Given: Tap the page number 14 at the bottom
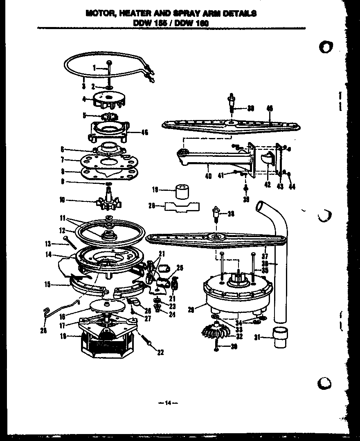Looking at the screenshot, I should click(x=167, y=403).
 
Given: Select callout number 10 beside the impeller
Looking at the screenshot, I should click(x=62, y=200).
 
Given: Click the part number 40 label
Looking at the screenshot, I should click(x=208, y=177).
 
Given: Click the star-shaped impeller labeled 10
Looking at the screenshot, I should click(x=108, y=202).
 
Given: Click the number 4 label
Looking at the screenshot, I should click(x=83, y=99).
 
